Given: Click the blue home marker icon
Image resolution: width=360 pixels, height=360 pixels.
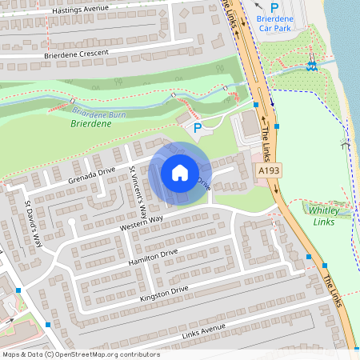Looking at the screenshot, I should click(x=180, y=172).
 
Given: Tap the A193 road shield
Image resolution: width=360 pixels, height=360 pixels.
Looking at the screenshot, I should click(x=267, y=171).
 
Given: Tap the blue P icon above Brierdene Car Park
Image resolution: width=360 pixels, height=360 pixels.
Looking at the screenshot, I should click(x=274, y=7).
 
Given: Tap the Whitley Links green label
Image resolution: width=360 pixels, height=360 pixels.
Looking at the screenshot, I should click(x=323, y=215).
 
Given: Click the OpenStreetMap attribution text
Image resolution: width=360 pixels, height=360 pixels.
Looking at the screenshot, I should click(x=81, y=354).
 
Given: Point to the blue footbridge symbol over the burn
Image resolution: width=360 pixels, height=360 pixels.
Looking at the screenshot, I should click(x=312, y=66).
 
